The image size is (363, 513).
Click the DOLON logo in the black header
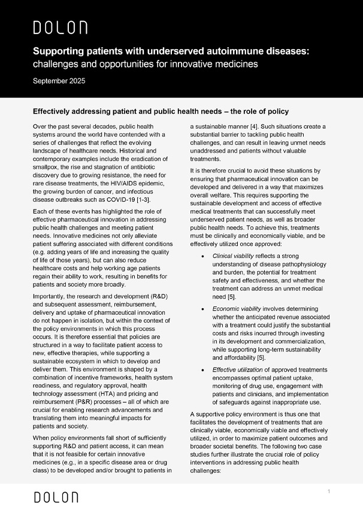60,27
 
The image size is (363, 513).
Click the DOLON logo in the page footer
56,497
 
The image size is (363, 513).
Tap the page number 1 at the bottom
329,491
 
